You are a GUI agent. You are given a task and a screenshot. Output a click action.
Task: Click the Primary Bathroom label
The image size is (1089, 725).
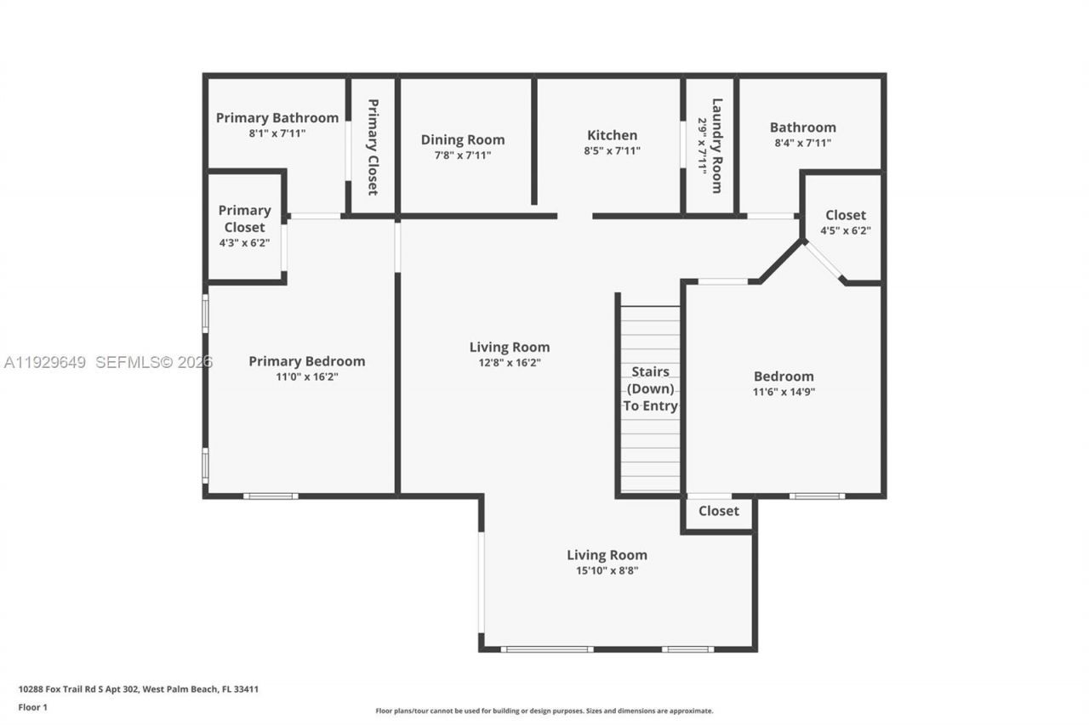[x=277, y=118]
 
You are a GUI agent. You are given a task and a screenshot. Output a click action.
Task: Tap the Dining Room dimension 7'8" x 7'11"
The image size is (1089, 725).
[x=462, y=156]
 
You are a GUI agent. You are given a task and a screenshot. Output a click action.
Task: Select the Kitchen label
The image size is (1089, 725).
[x=612, y=135]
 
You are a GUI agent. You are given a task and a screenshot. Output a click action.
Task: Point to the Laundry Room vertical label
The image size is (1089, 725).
[x=717, y=145]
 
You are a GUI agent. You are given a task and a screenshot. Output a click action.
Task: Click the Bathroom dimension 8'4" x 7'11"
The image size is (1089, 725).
[x=802, y=143]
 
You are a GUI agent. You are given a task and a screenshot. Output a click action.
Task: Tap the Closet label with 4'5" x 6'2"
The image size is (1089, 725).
[x=845, y=215]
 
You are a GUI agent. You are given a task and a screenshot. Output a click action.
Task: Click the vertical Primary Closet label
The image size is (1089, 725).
[x=373, y=147]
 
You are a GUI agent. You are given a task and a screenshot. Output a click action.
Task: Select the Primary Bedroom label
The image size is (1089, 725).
[x=306, y=361]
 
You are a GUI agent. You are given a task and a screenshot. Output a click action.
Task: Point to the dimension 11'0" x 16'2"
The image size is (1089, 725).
[x=306, y=377]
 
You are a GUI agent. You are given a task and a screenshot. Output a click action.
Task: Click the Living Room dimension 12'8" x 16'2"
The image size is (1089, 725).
[x=510, y=362]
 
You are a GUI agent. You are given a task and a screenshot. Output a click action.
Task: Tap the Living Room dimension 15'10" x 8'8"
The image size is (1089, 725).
[x=607, y=571]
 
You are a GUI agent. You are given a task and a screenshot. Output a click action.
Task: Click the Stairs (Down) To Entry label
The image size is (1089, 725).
[x=650, y=388]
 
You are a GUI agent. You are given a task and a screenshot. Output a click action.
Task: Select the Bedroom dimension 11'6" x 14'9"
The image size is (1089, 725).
[x=784, y=392]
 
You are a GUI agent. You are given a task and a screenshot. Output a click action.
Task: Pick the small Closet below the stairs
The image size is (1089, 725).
[x=718, y=511]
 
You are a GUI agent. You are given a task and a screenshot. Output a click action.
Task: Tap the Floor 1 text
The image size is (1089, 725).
[x=33, y=706]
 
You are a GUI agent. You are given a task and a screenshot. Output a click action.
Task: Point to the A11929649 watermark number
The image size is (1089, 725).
[x=45, y=363]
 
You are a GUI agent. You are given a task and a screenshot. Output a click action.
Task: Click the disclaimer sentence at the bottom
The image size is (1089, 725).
[x=544, y=711]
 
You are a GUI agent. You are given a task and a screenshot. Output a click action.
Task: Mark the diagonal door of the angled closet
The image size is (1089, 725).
[x=824, y=262]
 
